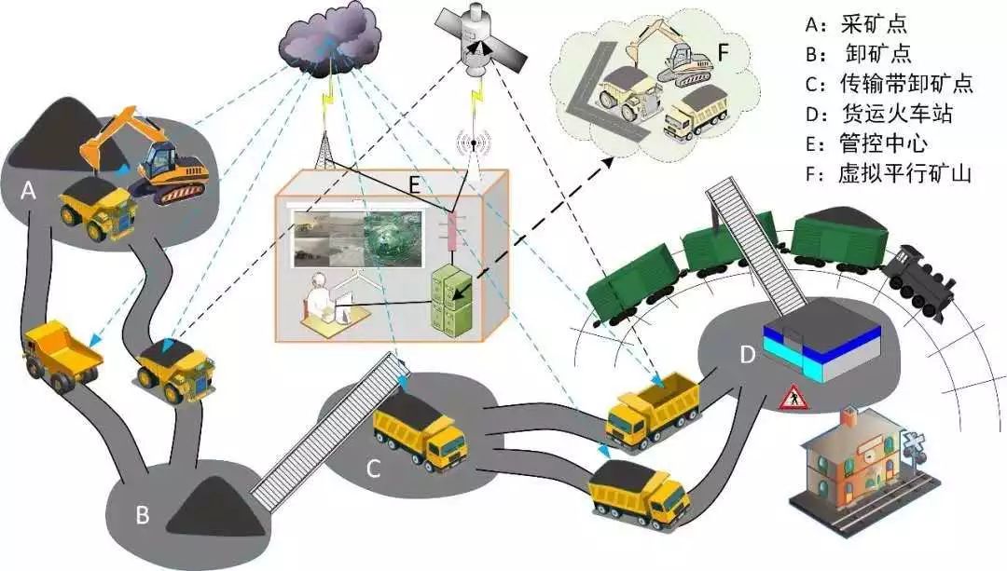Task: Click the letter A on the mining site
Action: coord(29,191)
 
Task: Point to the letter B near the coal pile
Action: coord(142,514)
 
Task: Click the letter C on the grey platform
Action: coord(373,469)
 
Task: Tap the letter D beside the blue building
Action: coord(746,354)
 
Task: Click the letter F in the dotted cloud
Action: coord(722,51)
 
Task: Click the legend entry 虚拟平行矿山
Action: coord(890,173)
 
